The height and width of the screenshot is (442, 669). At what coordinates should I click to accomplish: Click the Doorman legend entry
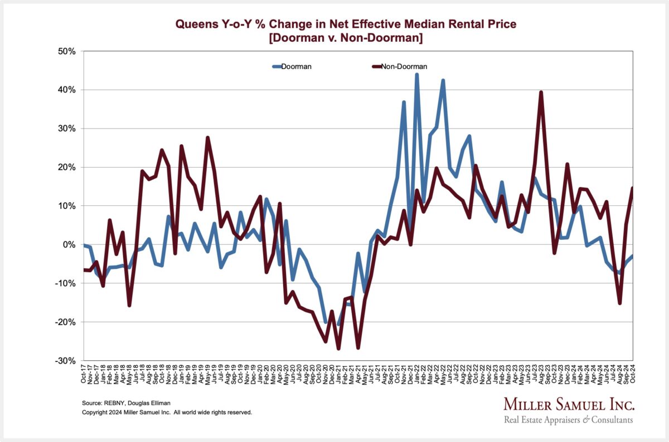point(296,66)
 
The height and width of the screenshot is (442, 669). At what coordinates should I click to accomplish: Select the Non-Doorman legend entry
point(403,66)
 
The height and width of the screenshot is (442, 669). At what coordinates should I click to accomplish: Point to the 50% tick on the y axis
point(67,51)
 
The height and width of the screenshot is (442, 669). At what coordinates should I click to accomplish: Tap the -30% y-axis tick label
point(66,361)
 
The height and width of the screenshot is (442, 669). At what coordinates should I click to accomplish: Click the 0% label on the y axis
point(69,244)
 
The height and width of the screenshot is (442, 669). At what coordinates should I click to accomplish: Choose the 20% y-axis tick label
point(67,167)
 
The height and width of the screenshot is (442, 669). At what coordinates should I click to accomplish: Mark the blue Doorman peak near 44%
point(416,75)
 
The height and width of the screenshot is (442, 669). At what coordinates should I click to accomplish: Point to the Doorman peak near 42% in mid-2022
point(443,80)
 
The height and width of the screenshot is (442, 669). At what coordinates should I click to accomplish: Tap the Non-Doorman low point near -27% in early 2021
point(338,348)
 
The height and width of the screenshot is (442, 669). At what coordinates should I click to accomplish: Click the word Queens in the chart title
point(195,24)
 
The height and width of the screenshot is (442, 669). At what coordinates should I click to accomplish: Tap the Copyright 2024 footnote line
point(167,412)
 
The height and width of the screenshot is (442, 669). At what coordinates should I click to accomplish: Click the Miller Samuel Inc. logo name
point(568,404)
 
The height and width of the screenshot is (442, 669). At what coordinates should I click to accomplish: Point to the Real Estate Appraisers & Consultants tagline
point(568,419)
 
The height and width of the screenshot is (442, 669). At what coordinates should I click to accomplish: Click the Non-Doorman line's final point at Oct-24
point(632,188)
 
